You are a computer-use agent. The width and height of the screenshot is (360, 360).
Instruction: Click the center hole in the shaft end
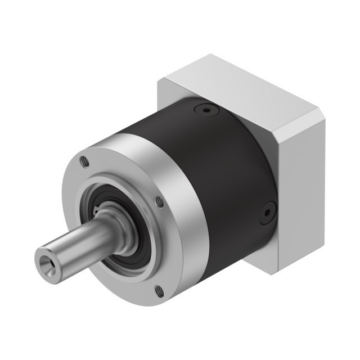pyautogui.click(x=46, y=263)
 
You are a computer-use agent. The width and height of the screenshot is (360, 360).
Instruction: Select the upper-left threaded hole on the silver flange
pyautogui.click(x=84, y=161)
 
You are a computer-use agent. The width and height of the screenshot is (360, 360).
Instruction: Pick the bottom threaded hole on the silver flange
pyautogui.click(x=159, y=291)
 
